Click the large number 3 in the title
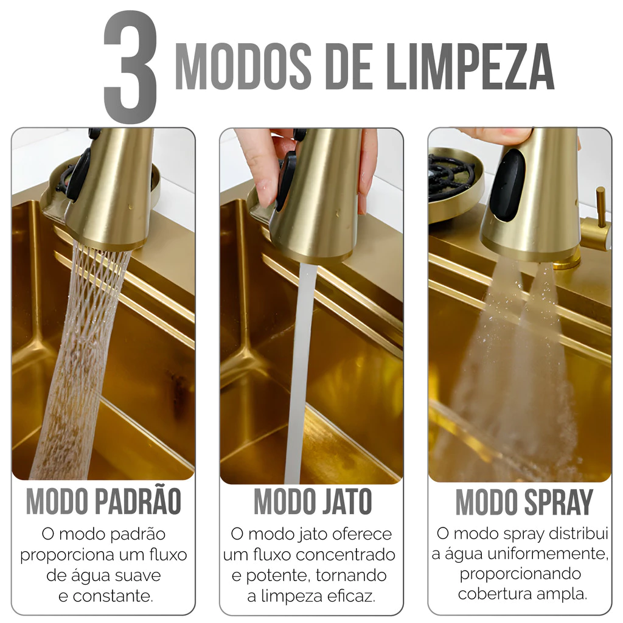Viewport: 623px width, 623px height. point(130,67)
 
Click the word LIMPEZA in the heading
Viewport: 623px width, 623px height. point(470,67)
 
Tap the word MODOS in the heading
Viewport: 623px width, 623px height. point(243,67)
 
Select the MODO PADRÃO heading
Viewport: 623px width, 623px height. point(103,501)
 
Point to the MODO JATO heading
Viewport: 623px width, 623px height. point(313,501)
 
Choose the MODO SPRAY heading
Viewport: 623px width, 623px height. point(524,502)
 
